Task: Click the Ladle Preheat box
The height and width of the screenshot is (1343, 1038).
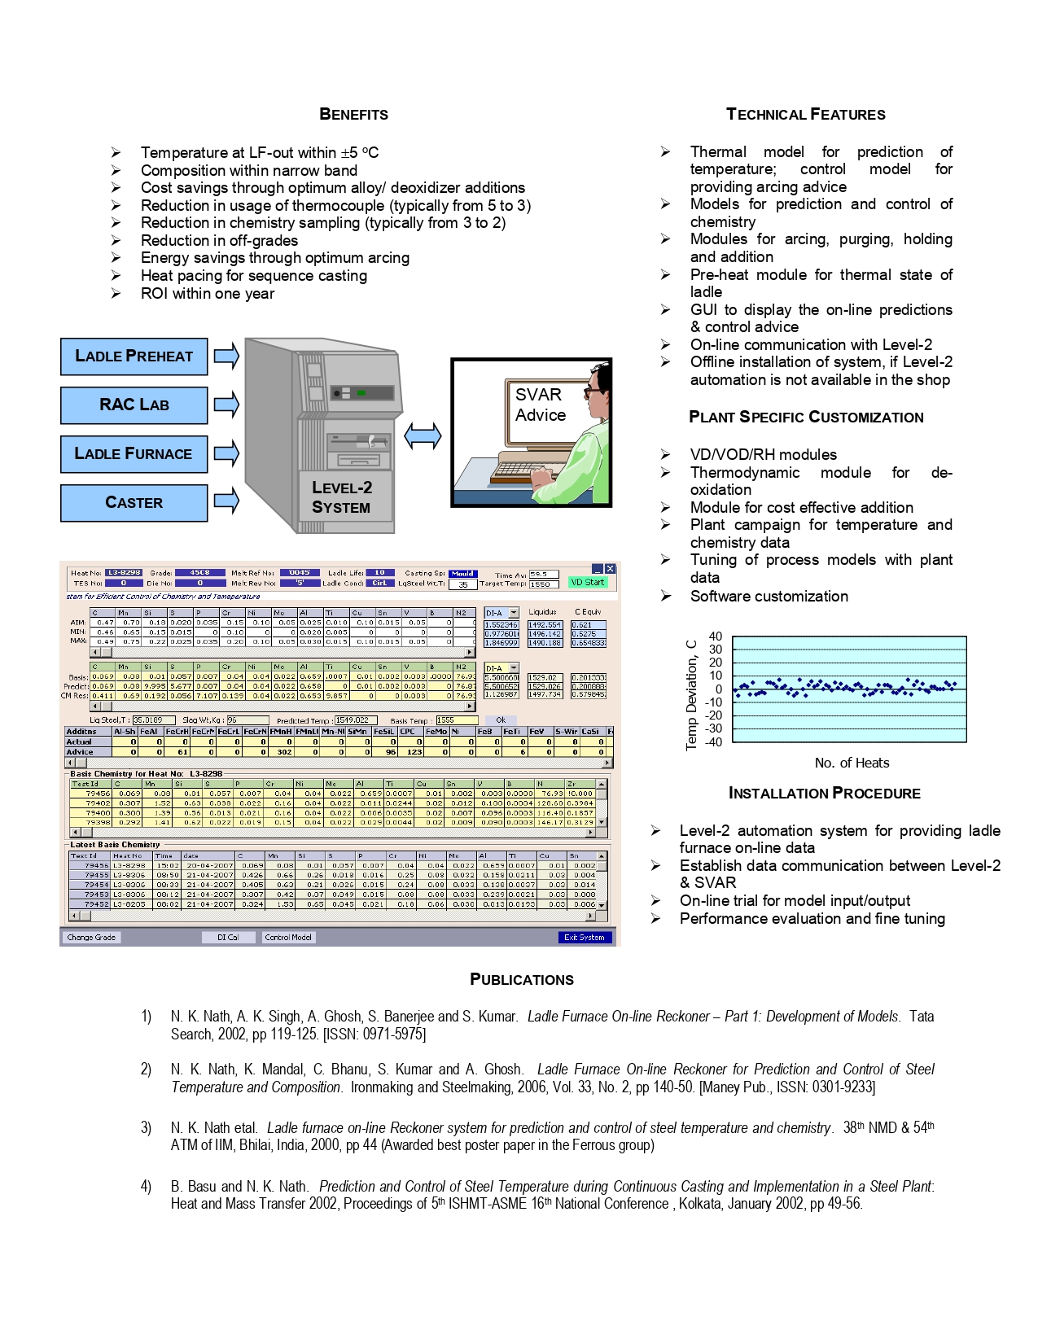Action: pyautogui.click(x=134, y=357)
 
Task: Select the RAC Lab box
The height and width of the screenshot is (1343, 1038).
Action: pyautogui.click(x=134, y=405)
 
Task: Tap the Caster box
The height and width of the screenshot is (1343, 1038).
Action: pyautogui.click(x=134, y=503)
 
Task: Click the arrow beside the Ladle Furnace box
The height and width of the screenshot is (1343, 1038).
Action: pyautogui.click(x=227, y=453)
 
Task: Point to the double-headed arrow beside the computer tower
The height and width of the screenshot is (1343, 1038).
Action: pyautogui.click(x=423, y=435)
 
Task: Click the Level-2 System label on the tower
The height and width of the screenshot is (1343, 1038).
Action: pyautogui.click(x=342, y=497)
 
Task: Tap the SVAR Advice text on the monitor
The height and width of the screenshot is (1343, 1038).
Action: pyautogui.click(x=540, y=405)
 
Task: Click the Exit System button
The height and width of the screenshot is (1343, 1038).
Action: pyautogui.click(x=584, y=937)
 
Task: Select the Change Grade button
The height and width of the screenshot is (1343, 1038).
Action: pyautogui.click(x=91, y=937)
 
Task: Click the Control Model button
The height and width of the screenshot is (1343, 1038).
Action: pyautogui.click(x=288, y=937)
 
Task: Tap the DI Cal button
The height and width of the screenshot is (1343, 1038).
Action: pyautogui.click(x=228, y=937)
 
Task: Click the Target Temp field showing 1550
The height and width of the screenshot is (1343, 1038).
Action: pyautogui.click(x=543, y=584)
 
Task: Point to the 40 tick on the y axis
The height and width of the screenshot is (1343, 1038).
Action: pyautogui.click(x=715, y=637)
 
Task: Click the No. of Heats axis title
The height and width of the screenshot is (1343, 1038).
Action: pyautogui.click(x=852, y=763)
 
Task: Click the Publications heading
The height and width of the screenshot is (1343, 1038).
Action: pyautogui.click(x=522, y=979)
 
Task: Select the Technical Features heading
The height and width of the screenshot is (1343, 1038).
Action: pyautogui.click(x=805, y=115)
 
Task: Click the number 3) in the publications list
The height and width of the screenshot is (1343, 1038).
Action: pyautogui.click(x=147, y=1127)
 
